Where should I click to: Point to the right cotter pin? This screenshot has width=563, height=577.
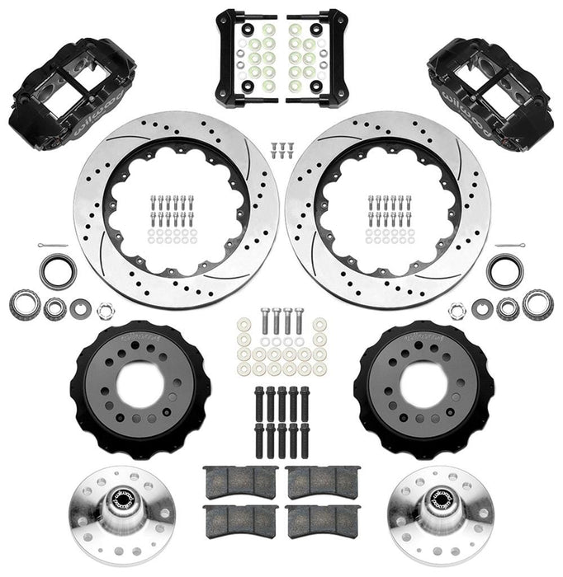[x=513, y=247]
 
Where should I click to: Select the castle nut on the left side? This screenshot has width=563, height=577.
[x=106, y=312]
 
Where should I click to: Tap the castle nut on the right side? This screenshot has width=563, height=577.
[x=457, y=312]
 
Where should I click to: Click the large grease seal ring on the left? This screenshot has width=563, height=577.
[x=59, y=272]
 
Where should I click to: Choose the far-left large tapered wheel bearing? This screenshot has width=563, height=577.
[x=25, y=303]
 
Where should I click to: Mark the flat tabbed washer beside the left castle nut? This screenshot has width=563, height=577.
[x=81, y=308]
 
